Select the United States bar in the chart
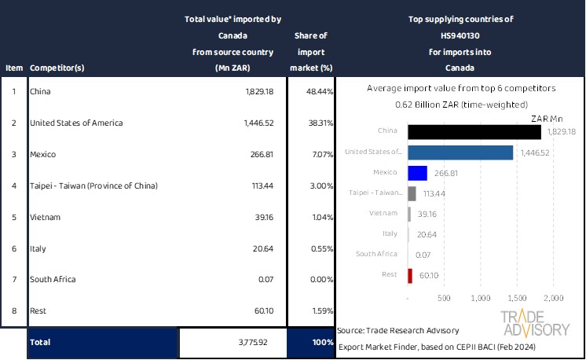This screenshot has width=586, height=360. pos(461,152)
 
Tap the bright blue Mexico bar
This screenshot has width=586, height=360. pos(418,173)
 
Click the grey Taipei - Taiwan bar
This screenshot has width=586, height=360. pos(412,193)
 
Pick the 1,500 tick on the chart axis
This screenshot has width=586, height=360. pos(518,299)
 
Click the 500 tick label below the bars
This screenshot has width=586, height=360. pos(444,299)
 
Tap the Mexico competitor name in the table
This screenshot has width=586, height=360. pos(42,155)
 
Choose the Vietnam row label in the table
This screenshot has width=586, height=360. pos(44,217)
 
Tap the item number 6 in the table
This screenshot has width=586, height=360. pos(13,248)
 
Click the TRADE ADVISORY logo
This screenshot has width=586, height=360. pos(535,323)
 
